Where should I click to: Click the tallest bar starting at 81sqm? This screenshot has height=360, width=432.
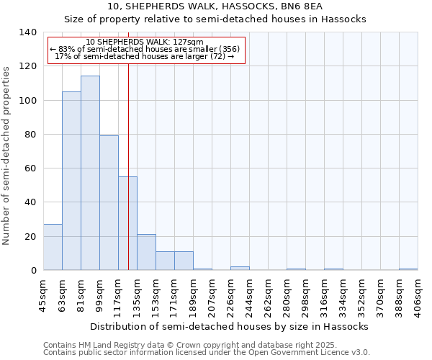[90, 173]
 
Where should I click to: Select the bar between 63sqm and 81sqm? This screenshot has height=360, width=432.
[71, 181]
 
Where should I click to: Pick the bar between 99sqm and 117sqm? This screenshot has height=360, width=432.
[109, 202]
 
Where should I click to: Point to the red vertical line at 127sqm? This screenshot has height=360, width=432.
[128, 166]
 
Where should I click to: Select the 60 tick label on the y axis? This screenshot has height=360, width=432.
[30, 168]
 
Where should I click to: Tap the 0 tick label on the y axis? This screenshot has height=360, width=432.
[32, 271]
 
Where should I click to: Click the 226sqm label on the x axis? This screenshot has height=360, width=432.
[230, 294]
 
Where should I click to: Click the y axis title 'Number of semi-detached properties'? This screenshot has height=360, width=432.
[7, 155]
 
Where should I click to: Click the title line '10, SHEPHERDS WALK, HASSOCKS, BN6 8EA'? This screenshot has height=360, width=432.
[215, 7]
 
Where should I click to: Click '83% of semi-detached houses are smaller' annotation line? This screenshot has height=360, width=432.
[145, 49]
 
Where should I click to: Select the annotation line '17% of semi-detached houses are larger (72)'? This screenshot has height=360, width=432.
[145, 56]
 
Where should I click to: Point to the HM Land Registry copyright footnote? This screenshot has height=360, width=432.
[180, 345]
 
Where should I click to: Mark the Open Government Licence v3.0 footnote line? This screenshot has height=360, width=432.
[207, 352]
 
